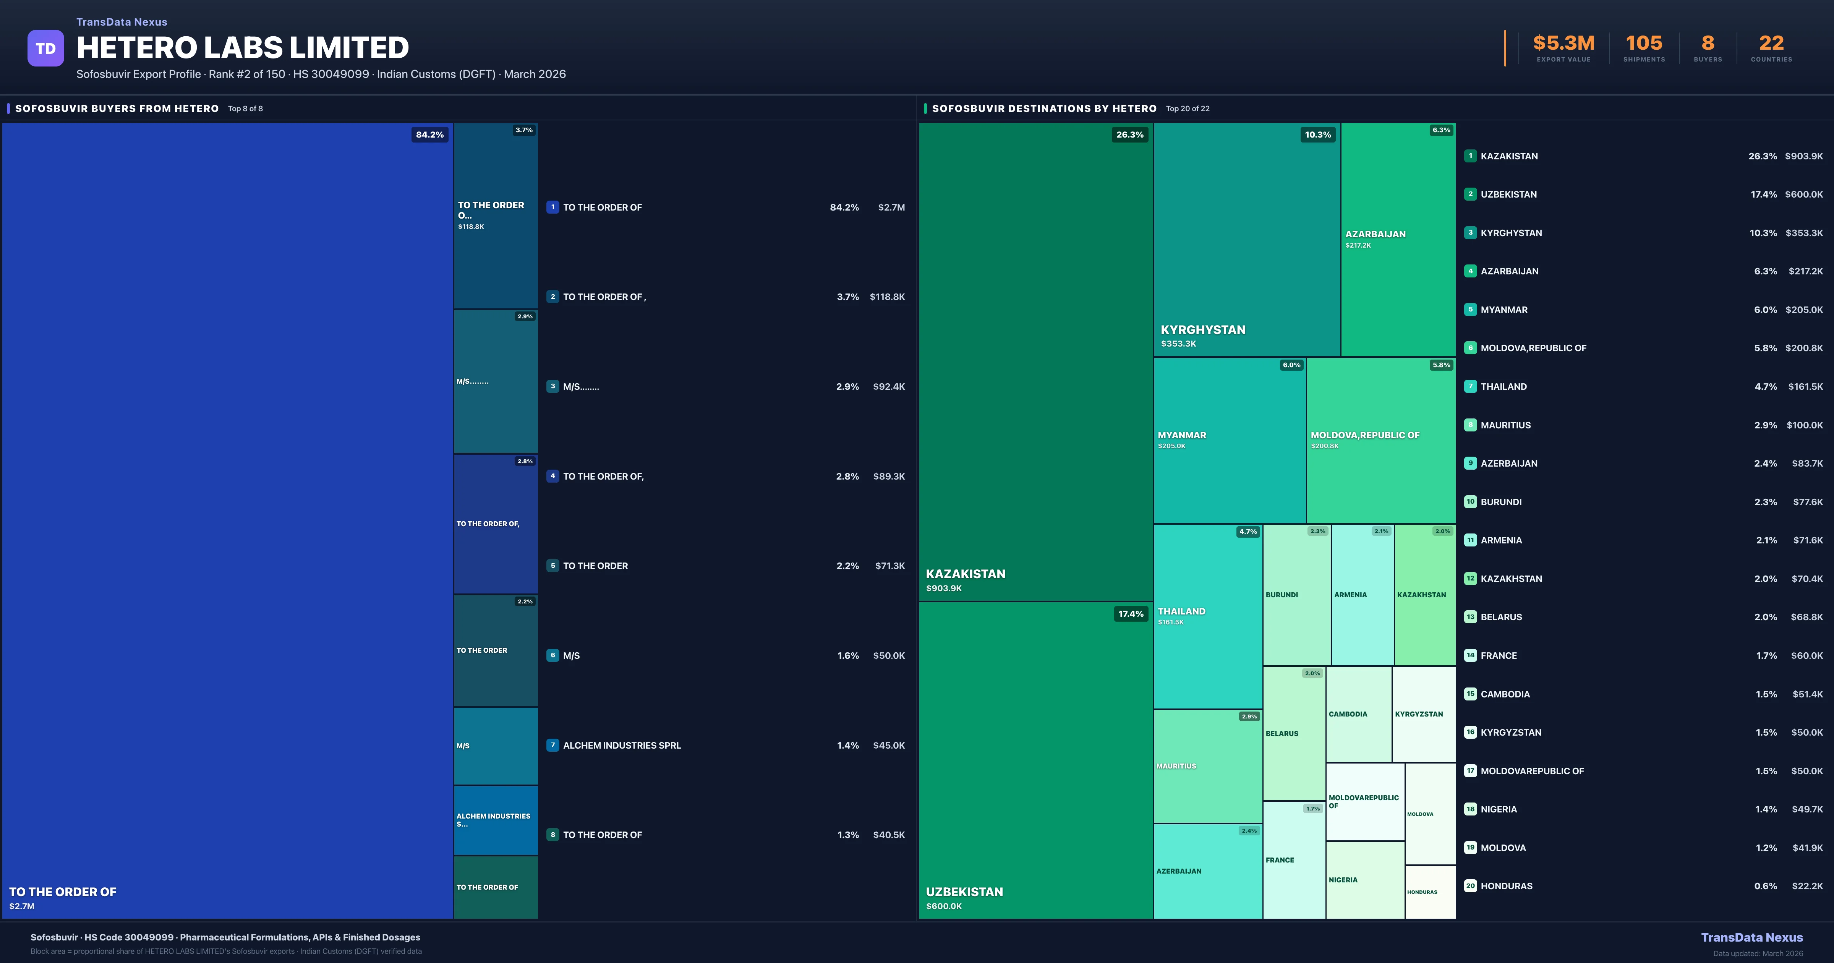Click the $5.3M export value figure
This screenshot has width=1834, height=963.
click(1563, 44)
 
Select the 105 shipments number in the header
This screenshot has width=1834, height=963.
click(1644, 44)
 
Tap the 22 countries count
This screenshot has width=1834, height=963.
click(1771, 44)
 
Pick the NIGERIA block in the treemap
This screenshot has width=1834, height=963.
click(1364, 880)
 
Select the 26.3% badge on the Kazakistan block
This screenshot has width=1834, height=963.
click(1130, 135)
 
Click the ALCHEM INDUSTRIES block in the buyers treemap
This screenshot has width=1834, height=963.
click(496, 820)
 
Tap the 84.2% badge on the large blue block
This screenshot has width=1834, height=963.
click(429, 135)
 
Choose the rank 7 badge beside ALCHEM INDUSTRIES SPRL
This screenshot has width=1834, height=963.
click(552, 745)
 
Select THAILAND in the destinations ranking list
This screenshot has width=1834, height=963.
click(1503, 387)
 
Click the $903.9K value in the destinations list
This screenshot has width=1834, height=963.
click(1803, 156)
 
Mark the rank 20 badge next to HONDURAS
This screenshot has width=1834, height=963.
click(1470, 886)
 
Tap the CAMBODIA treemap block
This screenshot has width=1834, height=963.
click(1358, 714)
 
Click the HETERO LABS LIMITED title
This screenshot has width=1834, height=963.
click(243, 48)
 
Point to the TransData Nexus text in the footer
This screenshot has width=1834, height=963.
click(1751, 937)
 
